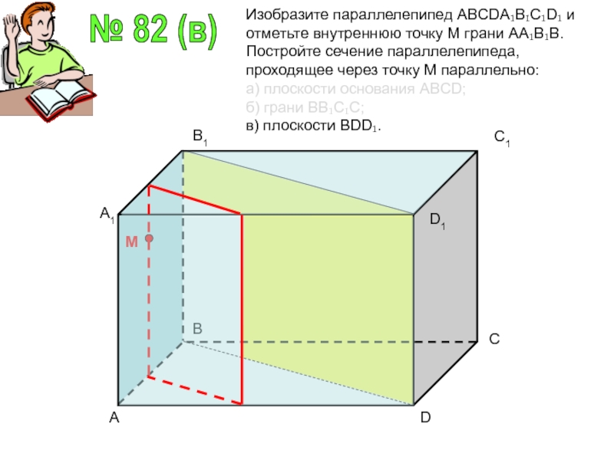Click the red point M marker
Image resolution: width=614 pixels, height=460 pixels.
click(150, 238)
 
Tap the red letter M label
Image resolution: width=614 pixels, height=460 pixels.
click(131, 242)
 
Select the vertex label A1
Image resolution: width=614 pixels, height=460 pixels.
click(107, 218)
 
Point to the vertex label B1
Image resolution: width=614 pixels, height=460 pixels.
click(200, 138)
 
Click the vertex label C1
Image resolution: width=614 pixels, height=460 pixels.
click(503, 139)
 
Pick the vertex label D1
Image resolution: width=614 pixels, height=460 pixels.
click(437, 222)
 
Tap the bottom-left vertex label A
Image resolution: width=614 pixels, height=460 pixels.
click(114, 419)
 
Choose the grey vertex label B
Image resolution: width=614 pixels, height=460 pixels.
click(197, 329)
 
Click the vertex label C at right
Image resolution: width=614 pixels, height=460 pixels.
click(495, 338)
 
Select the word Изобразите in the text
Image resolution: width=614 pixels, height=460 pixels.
click(282, 13)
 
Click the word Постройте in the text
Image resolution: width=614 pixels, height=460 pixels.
click(279, 51)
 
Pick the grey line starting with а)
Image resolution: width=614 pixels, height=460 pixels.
click(355, 88)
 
